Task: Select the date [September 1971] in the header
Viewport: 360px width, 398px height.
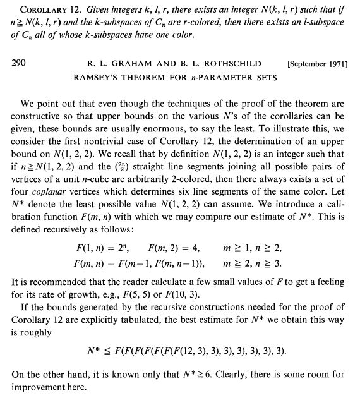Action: (x=317, y=64)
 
